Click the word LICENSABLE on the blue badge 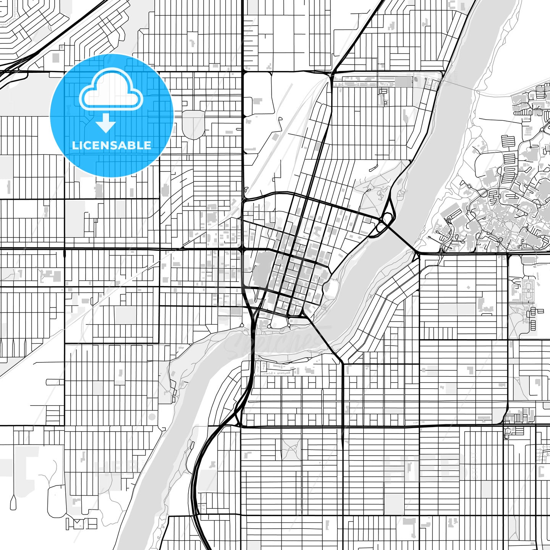112,146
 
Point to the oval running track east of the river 529,290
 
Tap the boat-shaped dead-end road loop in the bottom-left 13,502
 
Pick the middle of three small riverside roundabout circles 270,326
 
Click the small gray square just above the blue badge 56,58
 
